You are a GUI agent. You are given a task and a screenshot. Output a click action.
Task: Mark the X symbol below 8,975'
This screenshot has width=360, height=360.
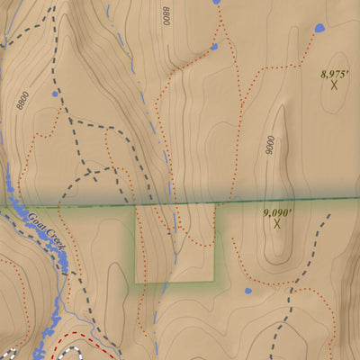(x=334, y=85)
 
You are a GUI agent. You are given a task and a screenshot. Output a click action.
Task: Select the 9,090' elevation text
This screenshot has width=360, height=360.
(x=278, y=212)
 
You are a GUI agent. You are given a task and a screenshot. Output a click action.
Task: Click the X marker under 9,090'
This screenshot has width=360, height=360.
(x=277, y=224)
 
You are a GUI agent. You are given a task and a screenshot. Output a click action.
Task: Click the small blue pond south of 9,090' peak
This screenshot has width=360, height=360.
(x=247, y=291)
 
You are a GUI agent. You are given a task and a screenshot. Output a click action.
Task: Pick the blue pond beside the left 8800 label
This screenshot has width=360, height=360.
(x=56, y=93)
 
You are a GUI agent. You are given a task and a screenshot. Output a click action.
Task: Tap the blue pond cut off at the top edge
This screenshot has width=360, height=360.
(x=216, y=3)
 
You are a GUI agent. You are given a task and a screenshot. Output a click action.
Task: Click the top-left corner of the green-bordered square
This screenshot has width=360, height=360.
(x=136, y=205)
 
